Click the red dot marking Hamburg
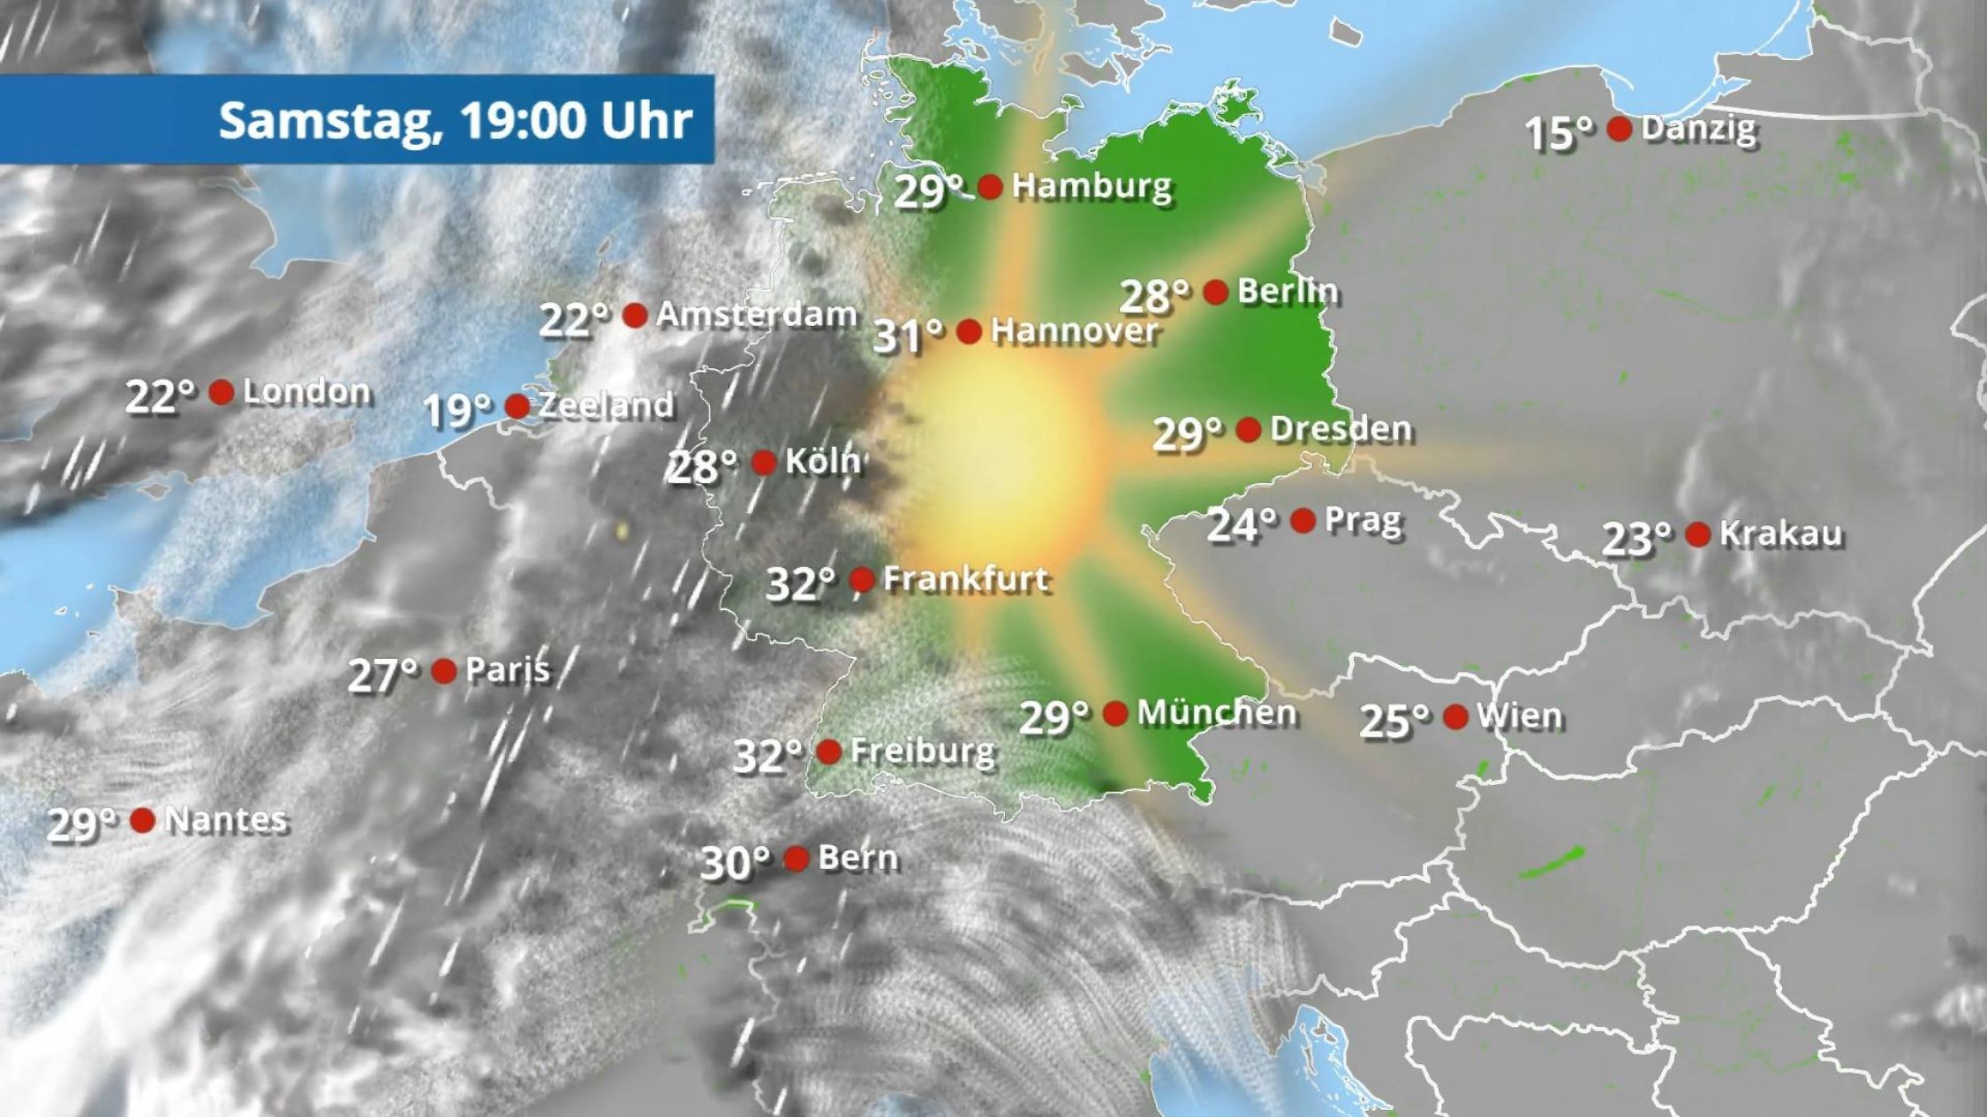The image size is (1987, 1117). point(990,186)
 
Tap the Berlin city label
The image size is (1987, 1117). point(1288,291)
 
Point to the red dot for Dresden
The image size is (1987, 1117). point(1248,430)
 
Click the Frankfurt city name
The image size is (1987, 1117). point(965,579)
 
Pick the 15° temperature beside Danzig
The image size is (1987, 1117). point(1560,133)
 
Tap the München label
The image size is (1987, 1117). point(1216,713)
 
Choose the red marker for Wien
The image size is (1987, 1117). point(1455,716)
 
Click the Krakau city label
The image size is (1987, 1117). point(1780,533)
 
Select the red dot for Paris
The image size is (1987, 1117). point(443,671)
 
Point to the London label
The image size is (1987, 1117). point(306,392)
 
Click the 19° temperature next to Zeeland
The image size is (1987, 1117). point(457,410)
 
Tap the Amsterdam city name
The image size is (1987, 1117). point(756,314)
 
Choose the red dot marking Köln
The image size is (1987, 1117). point(763,462)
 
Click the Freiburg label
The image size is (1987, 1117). point(922,752)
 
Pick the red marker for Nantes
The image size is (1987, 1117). point(142,820)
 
